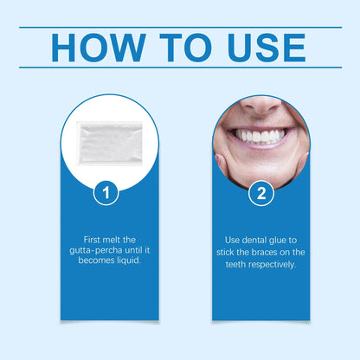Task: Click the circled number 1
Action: coord(105,193)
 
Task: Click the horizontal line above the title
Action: coord(180,27)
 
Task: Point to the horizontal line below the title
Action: coord(180,67)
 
